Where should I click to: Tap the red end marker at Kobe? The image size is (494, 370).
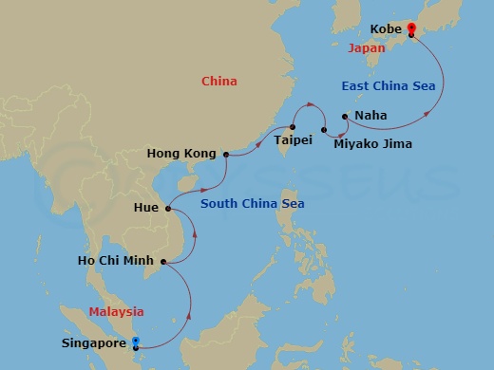tap(410, 29)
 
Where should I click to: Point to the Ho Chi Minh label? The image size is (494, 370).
tap(118, 261)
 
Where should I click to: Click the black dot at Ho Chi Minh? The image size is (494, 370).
tap(164, 261)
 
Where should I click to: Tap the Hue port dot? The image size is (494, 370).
tap(168, 209)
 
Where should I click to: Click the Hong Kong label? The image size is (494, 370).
tap(182, 153)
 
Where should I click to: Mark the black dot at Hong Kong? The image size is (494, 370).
tap(225, 153)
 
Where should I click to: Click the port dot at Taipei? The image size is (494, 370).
tap(293, 127)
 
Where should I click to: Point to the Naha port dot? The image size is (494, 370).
tap(344, 117)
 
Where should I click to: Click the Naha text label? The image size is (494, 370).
tap(370, 116)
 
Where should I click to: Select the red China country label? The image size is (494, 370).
tap(219, 82)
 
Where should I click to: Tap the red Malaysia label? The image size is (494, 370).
tap(116, 311)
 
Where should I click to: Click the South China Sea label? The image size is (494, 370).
tap(251, 201)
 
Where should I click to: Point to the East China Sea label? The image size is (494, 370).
tap(388, 86)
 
